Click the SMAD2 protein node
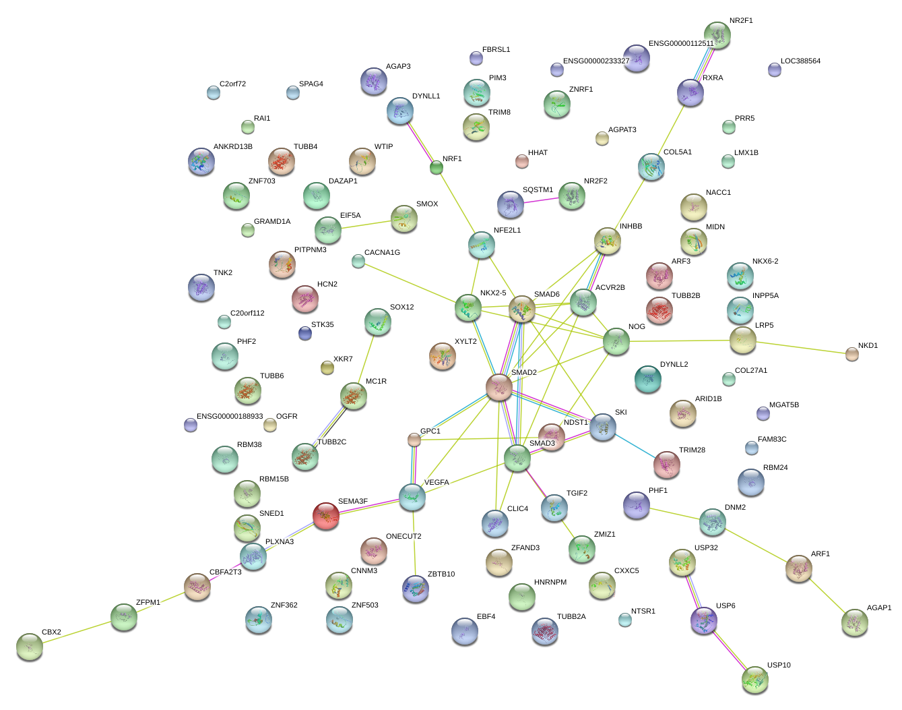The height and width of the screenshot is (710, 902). (x=499, y=387)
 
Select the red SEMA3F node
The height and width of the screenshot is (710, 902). (x=326, y=516)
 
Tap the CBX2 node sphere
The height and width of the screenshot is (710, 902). (x=29, y=647)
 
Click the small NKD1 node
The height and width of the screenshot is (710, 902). (x=852, y=354)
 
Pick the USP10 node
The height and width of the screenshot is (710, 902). (x=754, y=680)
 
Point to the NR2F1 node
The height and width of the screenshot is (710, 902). (x=717, y=35)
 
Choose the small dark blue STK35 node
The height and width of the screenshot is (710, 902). (x=305, y=333)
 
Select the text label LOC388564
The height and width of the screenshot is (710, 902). (x=800, y=61)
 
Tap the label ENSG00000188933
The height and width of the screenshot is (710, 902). (x=230, y=417)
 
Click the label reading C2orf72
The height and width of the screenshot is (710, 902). (x=232, y=84)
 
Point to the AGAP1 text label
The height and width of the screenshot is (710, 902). (x=878, y=608)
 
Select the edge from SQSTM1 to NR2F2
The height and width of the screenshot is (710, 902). (x=541, y=200)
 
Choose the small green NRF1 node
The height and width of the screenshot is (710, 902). (x=437, y=168)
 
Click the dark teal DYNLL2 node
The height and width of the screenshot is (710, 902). (x=647, y=380)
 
